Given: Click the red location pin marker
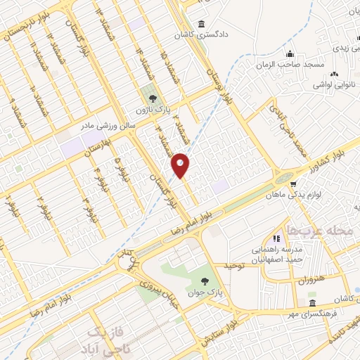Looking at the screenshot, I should (181, 165).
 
